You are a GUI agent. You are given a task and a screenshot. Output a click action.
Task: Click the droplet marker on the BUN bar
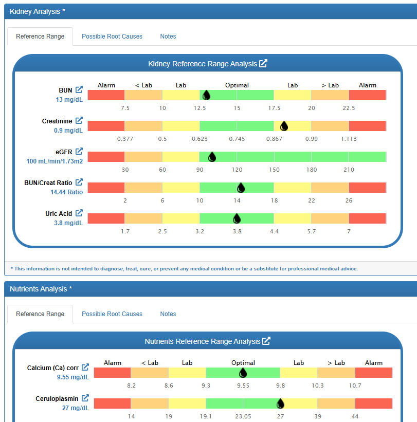[206, 95]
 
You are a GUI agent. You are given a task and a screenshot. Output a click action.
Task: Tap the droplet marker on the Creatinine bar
[284, 126]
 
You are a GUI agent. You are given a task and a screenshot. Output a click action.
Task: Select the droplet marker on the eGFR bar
[211, 157]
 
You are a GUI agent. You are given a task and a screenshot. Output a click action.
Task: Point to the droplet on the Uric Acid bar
[237, 218]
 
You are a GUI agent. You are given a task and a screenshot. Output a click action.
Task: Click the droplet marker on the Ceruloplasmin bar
[280, 403]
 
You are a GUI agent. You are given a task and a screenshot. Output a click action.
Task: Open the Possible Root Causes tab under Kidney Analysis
[112, 36]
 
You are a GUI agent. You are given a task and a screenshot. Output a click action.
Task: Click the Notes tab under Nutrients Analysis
[168, 314]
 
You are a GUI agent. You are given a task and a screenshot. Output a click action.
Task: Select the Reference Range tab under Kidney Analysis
[40, 36]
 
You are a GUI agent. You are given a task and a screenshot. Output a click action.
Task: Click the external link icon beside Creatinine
[79, 121]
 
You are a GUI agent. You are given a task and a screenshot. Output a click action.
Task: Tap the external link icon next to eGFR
[79, 151]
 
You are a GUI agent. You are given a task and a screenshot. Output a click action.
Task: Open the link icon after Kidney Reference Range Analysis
[263, 64]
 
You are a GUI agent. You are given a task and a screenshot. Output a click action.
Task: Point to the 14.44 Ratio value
[66, 192]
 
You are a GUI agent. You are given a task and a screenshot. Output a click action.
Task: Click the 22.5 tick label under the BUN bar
[349, 108]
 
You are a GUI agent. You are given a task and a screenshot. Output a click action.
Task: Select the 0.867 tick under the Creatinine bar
[274, 139]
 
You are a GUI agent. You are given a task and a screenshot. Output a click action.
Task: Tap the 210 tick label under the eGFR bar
[349, 170]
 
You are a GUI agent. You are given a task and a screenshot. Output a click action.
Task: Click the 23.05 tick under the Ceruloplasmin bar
[243, 416]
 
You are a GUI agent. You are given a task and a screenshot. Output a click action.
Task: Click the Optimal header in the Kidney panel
[237, 85]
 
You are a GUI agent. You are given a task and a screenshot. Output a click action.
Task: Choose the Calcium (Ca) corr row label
[53, 368]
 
